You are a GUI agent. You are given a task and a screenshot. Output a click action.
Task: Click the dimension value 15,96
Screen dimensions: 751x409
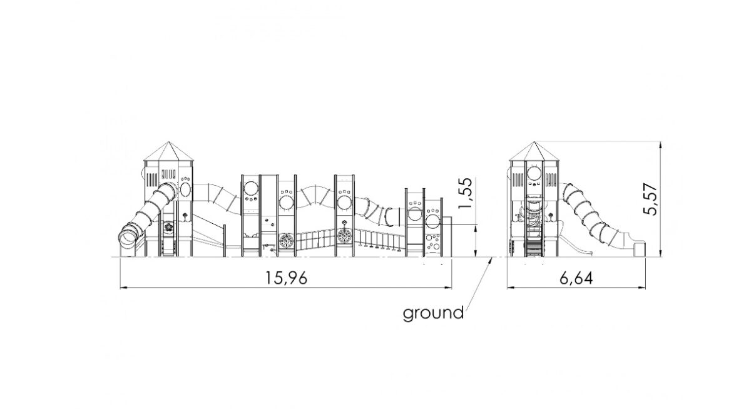pyautogui.click(x=287, y=278)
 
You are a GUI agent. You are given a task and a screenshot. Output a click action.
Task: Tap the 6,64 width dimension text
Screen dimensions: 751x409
pyautogui.click(x=576, y=278)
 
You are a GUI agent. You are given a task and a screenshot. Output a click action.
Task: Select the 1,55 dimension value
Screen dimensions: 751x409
pyautogui.click(x=466, y=193)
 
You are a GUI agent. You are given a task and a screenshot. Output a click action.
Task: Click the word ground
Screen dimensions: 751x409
pyautogui.click(x=433, y=313)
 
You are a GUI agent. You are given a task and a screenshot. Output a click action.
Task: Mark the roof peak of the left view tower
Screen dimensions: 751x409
pyautogui.click(x=168, y=142)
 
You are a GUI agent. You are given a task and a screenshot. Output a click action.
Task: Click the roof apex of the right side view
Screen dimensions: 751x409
pyautogui.click(x=534, y=142)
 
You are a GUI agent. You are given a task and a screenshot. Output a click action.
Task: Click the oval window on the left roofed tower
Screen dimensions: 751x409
pyautogui.click(x=185, y=189)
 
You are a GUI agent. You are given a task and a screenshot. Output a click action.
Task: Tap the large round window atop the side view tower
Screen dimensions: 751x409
pyautogui.click(x=534, y=173)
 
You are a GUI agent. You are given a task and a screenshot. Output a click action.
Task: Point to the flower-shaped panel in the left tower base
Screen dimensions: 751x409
pyautogui.click(x=168, y=227)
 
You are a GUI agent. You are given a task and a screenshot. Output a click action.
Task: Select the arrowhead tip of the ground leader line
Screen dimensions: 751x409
pyautogui.click(x=492, y=258)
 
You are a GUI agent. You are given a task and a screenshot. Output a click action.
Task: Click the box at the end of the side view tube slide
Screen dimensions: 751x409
pyautogui.click(x=640, y=250)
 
